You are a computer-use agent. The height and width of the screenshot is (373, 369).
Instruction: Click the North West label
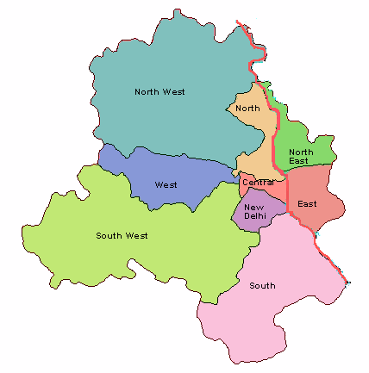(159, 91)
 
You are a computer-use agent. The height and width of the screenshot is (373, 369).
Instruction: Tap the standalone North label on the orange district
(247, 108)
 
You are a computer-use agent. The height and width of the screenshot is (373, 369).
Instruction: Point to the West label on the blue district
(166, 184)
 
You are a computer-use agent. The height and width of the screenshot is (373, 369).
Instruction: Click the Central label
(258, 182)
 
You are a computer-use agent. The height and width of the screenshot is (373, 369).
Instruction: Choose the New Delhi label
(255, 212)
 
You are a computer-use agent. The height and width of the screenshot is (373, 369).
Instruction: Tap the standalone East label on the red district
(307, 204)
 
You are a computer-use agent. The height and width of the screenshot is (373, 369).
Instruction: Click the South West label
(122, 235)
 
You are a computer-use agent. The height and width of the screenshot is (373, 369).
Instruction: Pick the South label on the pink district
(262, 285)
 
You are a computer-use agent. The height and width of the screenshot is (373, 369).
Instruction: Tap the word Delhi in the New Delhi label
(255, 217)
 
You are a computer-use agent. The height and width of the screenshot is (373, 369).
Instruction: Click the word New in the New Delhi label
(254, 207)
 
